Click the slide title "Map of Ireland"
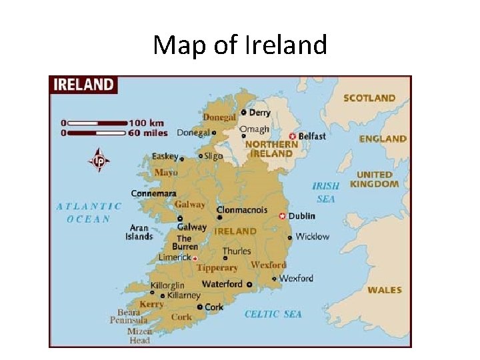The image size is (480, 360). pyautogui.click(x=240, y=45)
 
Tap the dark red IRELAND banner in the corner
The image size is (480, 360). pyautogui.click(x=83, y=85)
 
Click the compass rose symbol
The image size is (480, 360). pyautogui.click(x=99, y=160)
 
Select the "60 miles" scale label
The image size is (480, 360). pyautogui.click(x=148, y=133)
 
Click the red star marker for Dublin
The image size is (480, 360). pyautogui.click(x=282, y=216)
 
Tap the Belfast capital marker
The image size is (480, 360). pyautogui.click(x=292, y=136)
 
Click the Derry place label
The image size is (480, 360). pyautogui.click(x=259, y=113)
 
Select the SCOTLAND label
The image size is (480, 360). pyautogui.click(x=369, y=98)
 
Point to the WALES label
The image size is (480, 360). pyautogui.click(x=385, y=290)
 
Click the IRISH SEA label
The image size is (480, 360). pyautogui.click(x=326, y=192)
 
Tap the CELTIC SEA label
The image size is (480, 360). pyautogui.click(x=273, y=314)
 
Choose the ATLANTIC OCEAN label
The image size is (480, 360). pyautogui.click(x=89, y=213)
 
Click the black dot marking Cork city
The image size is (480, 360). pyautogui.click(x=199, y=307)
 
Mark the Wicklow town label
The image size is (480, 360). pyautogui.click(x=312, y=237)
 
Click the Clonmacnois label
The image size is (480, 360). pyautogui.click(x=241, y=209)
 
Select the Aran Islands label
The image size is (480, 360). pyautogui.click(x=139, y=232)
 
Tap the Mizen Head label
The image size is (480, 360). pyautogui.click(x=139, y=335)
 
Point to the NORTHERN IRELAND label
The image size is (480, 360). pyautogui.click(x=271, y=148)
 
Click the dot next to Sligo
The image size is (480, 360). pyautogui.click(x=200, y=156)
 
